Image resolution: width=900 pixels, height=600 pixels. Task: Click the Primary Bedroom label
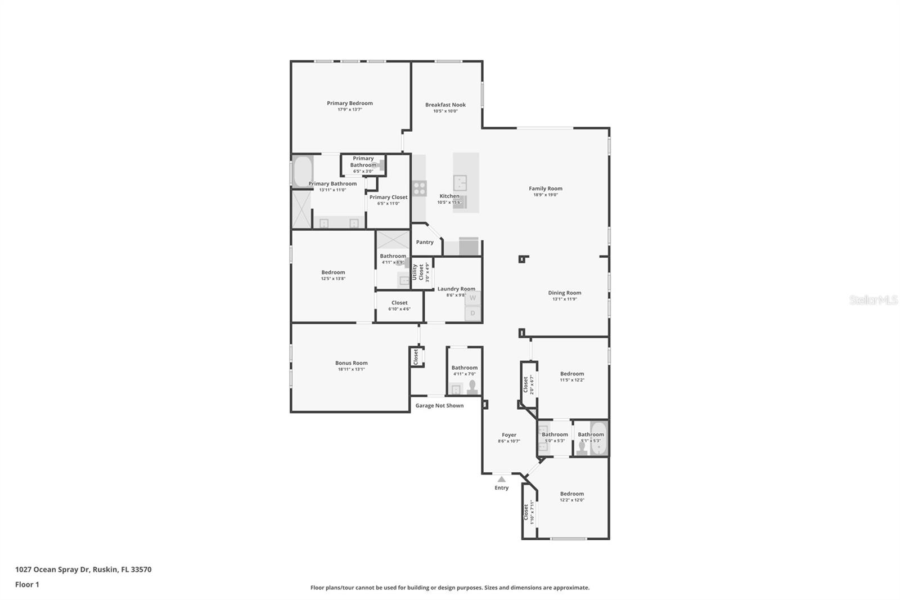[x=350, y=103]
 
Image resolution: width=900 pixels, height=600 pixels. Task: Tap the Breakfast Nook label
[x=445, y=105]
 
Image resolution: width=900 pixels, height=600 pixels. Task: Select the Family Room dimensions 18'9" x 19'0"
[x=546, y=195]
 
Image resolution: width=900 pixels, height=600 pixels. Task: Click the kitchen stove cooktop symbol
[x=420, y=188]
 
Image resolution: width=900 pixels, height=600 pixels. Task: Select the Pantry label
[x=425, y=242]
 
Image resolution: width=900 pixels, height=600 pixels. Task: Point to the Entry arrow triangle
[x=501, y=479]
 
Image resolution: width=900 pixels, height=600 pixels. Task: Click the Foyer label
[x=509, y=435]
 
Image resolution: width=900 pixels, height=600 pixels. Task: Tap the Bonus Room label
[x=352, y=363]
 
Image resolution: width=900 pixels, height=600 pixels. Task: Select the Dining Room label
[x=565, y=293]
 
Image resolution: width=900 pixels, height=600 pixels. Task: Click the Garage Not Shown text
[x=439, y=405]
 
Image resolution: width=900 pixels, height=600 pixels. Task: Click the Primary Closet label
[x=388, y=197]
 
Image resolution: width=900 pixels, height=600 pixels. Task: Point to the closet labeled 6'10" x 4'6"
[x=399, y=306]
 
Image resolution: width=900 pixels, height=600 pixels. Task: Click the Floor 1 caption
[x=27, y=585]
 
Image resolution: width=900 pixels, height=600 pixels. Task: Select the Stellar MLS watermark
[x=873, y=300]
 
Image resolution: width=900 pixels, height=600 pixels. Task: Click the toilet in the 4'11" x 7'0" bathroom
[x=472, y=387]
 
